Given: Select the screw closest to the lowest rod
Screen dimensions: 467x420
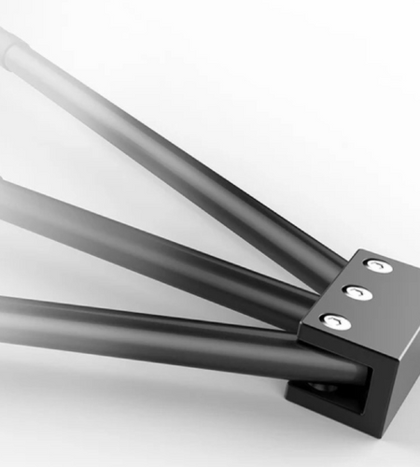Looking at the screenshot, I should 336,322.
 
